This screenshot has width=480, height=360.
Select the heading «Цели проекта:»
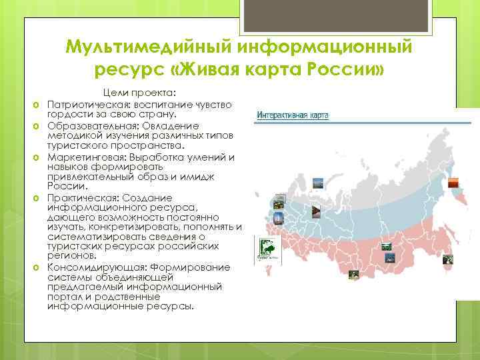point(139,94)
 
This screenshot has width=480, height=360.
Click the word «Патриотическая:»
point(85,105)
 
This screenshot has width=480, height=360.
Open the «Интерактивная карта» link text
point(293,115)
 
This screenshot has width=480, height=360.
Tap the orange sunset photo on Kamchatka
point(453,181)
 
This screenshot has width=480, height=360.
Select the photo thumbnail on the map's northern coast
point(318,182)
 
